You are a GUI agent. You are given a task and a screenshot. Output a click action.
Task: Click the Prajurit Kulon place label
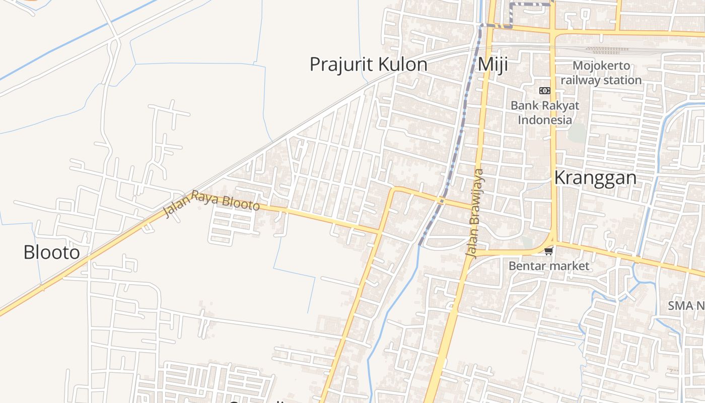pos(368,65)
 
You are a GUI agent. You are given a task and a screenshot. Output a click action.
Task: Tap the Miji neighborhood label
pos(492,65)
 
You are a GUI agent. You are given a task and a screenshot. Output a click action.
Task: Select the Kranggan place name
pos(595,178)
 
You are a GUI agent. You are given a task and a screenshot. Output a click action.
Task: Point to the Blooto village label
pos(51,252)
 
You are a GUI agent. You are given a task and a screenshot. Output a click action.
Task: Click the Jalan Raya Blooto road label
pos(211,203)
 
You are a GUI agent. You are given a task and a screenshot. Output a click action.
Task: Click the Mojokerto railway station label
pos(601,73)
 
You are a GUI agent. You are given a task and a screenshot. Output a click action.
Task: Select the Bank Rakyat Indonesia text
pos(545,113)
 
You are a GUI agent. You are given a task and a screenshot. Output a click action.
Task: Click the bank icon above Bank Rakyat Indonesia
pos(544,91)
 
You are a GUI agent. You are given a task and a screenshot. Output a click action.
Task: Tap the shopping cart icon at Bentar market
pos(548,250)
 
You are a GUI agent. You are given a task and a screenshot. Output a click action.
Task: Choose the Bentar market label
pos(549,265)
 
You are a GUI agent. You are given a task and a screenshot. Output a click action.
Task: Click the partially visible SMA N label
pos(686,306)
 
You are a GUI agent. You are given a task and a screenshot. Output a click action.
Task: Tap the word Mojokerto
pos(601,65)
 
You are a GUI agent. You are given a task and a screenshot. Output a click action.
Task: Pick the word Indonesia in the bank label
pos(545,120)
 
